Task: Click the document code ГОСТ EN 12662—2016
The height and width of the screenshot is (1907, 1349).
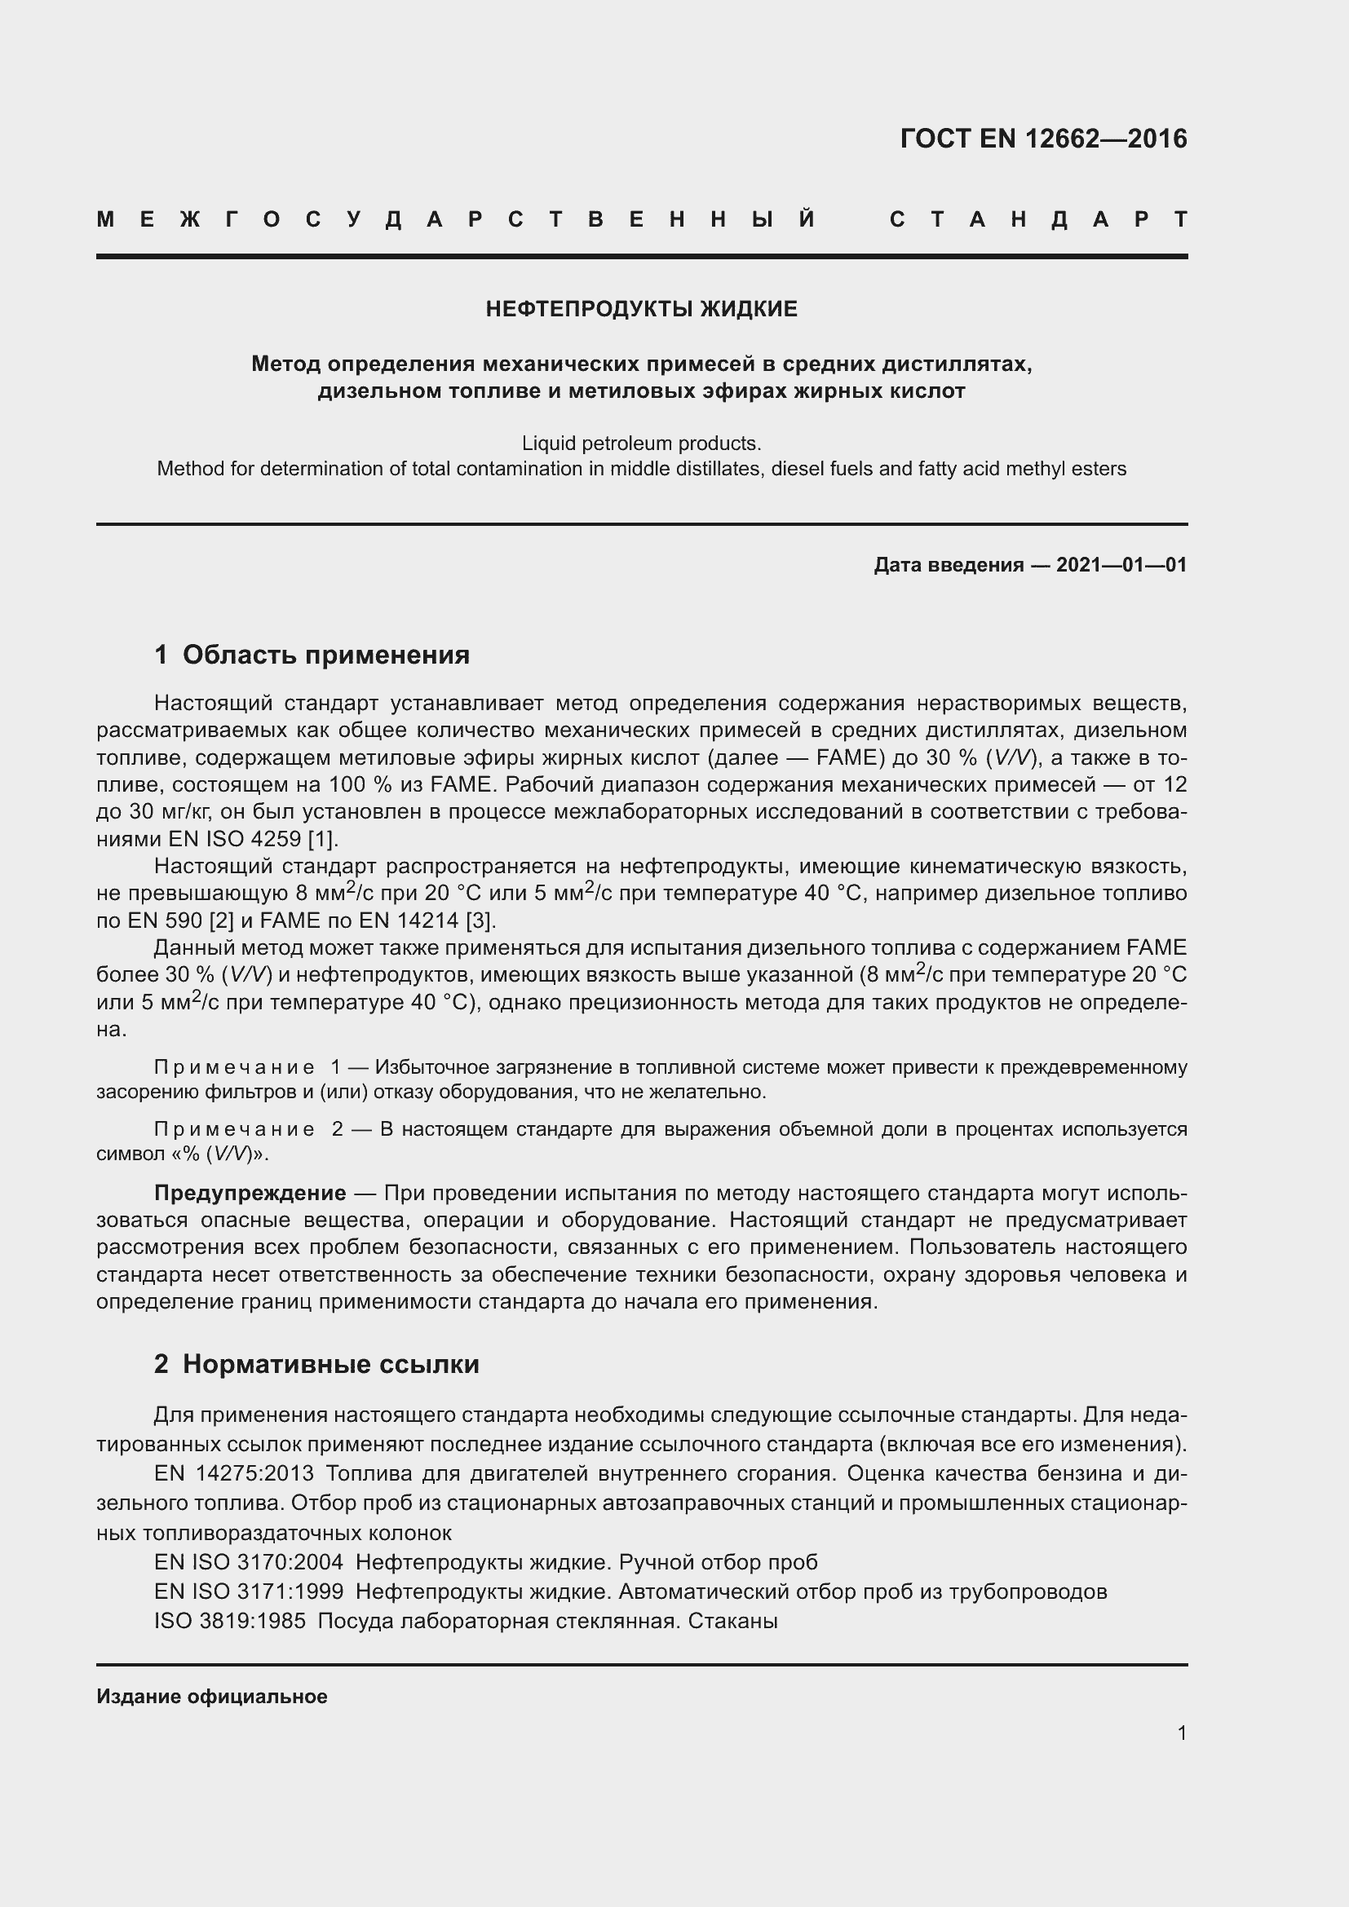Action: [x=1043, y=138]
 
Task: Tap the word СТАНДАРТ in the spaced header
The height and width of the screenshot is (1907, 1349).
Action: [x=1038, y=219]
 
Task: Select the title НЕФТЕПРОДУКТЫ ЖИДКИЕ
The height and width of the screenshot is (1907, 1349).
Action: [x=641, y=309]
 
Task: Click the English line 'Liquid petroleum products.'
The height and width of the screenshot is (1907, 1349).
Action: [x=641, y=443]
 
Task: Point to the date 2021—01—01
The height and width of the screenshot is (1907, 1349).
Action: [x=1121, y=565]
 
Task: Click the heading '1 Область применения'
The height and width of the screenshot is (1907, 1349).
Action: [x=312, y=655]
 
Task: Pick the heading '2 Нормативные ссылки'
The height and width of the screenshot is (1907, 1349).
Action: [x=316, y=1364]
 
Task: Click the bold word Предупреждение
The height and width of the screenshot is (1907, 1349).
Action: [x=250, y=1193]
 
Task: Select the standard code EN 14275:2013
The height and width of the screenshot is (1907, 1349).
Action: [x=233, y=1473]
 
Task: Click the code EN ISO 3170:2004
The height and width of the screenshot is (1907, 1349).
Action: [x=249, y=1562]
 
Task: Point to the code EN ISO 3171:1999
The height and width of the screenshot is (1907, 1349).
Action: [x=249, y=1591]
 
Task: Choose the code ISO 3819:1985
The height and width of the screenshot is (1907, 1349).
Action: [x=229, y=1621]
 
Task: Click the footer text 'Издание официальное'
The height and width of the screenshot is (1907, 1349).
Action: [x=212, y=1696]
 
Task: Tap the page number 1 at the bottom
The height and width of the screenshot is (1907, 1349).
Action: [x=1181, y=1733]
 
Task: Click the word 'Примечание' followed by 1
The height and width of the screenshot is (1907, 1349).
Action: [x=234, y=1067]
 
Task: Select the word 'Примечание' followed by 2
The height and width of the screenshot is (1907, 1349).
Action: [x=234, y=1129]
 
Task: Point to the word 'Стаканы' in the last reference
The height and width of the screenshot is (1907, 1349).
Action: [x=732, y=1621]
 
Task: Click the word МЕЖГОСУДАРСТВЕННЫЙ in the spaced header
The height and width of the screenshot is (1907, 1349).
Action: [x=457, y=219]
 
